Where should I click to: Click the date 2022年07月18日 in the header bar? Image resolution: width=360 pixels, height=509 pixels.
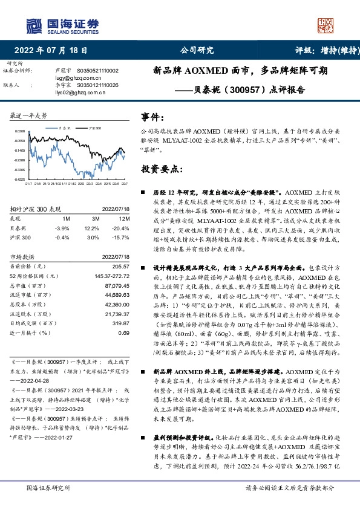(x=54, y=50)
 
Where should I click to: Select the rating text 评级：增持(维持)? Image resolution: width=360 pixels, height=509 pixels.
(x=324, y=50)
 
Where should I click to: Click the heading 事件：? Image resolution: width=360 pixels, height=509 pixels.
(x=152, y=116)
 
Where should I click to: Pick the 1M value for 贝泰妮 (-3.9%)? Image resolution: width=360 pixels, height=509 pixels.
(x=62, y=229)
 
